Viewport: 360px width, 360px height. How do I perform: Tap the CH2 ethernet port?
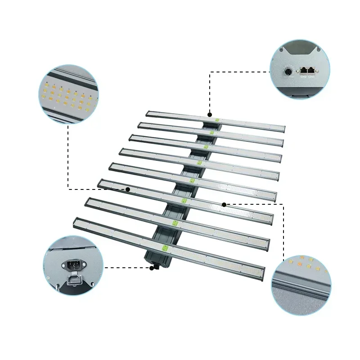[303, 70]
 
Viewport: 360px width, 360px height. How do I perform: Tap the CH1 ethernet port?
[311, 71]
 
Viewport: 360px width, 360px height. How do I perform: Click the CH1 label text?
[311, 77]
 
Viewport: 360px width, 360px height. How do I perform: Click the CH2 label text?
[303, 77]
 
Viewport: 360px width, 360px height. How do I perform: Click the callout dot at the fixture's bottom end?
[153, 268]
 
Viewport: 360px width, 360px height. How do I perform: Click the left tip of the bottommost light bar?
[75, 220]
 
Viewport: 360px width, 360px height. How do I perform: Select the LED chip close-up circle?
[68, 94]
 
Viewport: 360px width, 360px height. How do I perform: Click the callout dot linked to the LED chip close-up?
[128, 189]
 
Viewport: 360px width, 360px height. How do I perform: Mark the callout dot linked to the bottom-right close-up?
[224, 204]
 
